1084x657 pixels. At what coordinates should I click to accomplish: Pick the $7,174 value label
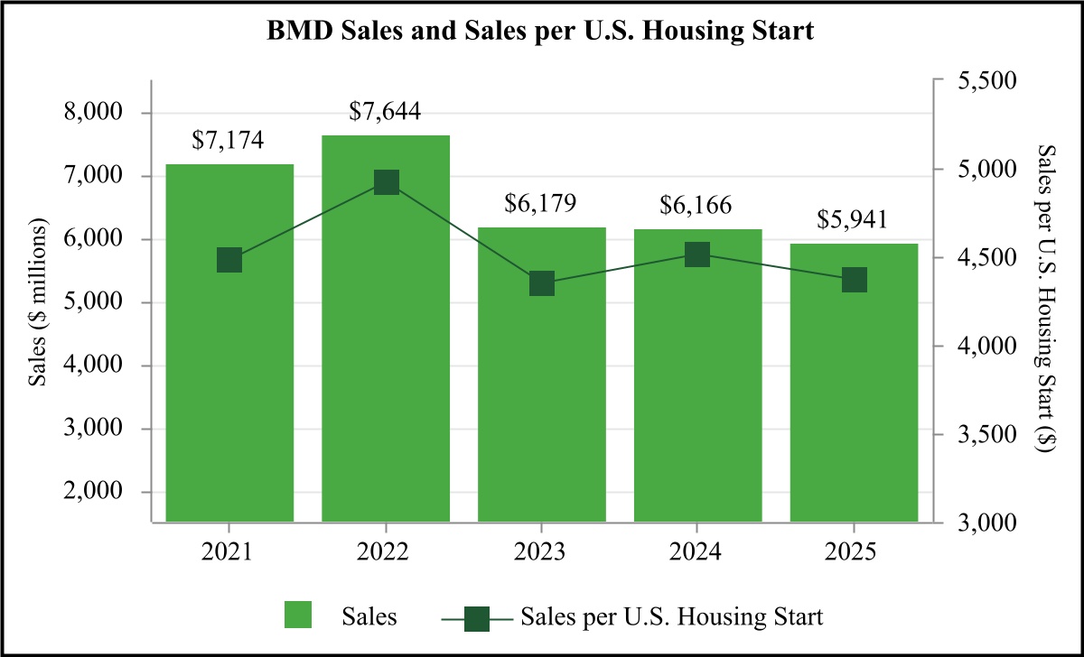[x=229, y=142]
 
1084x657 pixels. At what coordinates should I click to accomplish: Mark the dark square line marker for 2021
[x=229, y=261]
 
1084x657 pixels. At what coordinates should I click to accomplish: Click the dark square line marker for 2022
[x=386, y=183]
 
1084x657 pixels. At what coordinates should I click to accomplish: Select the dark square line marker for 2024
[x=697, y=254]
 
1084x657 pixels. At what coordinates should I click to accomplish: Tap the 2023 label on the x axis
[x=541, y=551]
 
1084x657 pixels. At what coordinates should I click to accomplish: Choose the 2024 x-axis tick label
[x=697, y=551]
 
